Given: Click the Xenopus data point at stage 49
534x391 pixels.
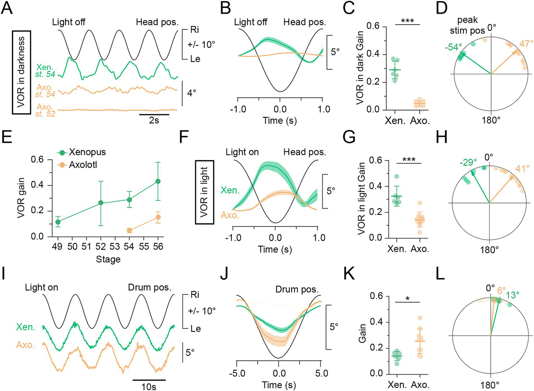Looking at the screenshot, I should pyautogui.click(x=58, y=222).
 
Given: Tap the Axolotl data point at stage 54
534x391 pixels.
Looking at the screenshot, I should pyautogui.click(x=129, y=230).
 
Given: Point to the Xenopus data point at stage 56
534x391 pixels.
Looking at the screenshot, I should pyautogui.click(x=158, y=181).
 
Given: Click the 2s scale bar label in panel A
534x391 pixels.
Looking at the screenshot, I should pyautogui.click(x=154, y=120).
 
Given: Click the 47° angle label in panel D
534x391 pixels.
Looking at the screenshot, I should pyautogui.click(x=526, y=44).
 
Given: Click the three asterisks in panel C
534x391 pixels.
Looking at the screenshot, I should pyautogui.click(x=407, y=21).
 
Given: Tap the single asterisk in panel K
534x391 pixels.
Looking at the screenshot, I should pyautogui.click(x=408, y=298).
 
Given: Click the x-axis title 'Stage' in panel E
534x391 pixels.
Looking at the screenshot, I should pyautogui.click(x=108, y=259).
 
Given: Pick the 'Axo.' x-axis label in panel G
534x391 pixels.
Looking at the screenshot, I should pyautogui.click(x=420, y=249).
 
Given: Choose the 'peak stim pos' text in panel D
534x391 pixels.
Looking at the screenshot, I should pyautogui.click(x=467, y=25).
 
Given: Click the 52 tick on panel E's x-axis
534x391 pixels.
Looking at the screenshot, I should pyautogui.click(x=101, y=247).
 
